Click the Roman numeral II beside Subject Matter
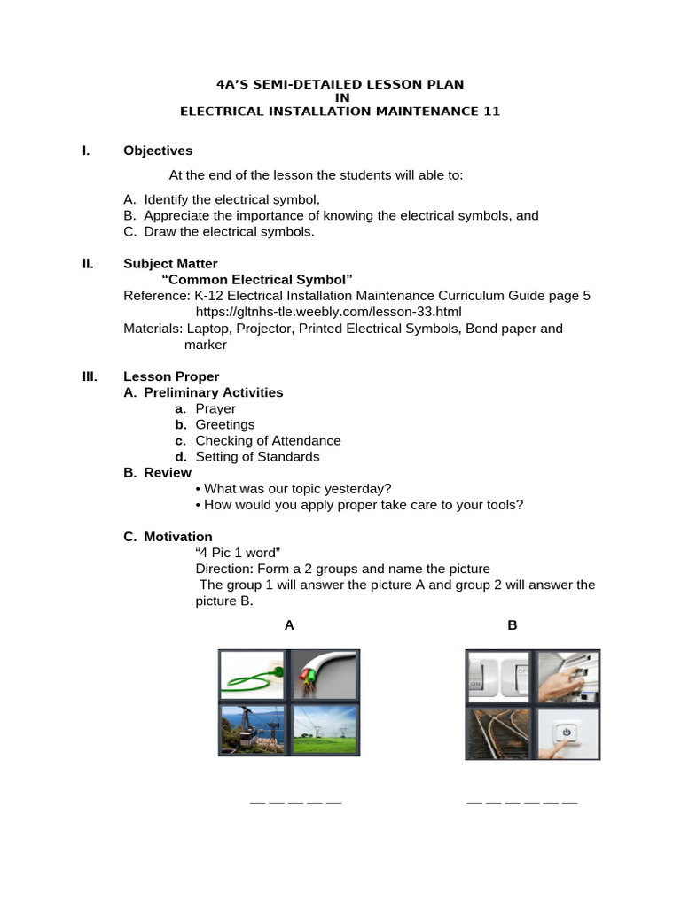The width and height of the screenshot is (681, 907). [x=88, y=263]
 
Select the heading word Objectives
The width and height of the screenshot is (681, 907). [x=158, y=151]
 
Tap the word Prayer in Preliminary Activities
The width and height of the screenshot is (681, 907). [x=215, y=408]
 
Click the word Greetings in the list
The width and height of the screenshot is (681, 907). [x=225, y=424]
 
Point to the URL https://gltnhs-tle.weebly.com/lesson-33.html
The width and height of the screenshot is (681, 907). [x=328, y=312]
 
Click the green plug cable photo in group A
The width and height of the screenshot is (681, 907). [x=253, y=676]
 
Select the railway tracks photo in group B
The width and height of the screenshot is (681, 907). [x=499, y=732]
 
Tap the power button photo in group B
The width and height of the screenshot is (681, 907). [x=567, y=732]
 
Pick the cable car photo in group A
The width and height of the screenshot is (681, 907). [x=253, y=728]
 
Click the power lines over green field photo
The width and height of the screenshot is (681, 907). [x=325, y=728]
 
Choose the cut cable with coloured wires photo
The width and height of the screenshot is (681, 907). [x=325, y=676]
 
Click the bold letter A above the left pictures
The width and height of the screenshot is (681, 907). [x=289, y=625]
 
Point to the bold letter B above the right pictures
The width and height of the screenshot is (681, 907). [x=512, y=625]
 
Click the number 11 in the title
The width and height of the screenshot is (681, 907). [x=491, y=112]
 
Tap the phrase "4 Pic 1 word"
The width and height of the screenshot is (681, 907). [x=238, y=553]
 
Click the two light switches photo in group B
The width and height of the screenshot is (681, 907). [x=499, y=677]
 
